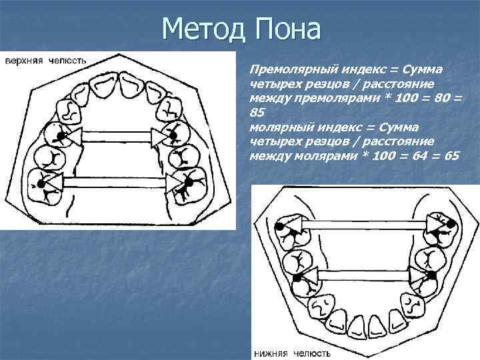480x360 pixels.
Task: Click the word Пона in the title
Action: (x=287, y=29)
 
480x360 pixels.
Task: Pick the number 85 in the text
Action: (x=257, y=113)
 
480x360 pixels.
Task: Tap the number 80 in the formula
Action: (x=441, y=98)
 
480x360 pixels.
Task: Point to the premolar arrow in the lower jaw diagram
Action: (x=361, y=273)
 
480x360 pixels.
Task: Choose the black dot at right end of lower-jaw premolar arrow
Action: (x=432, y=274)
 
